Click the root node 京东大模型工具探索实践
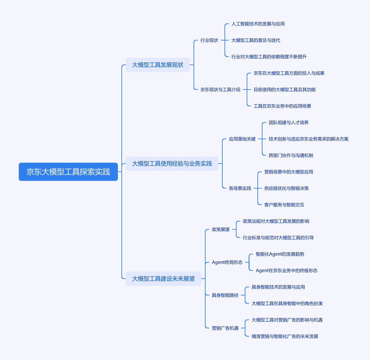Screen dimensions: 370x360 (x=68, y=172)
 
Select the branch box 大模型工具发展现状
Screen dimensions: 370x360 (x=157, y=65)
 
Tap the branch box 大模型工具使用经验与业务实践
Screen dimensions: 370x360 (x=172, y=163)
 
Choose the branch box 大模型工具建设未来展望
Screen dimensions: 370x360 (x=163, y=279)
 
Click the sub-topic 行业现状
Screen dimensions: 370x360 (x=209, y=40)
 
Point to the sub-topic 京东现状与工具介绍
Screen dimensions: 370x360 (x=220, y=90)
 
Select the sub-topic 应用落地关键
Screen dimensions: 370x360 (x=242, y=139)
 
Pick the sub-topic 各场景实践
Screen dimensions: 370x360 (x=240, y=188)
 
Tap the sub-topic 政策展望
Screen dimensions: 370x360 (x=221, y=229)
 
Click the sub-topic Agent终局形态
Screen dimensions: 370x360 (x=227, y=262)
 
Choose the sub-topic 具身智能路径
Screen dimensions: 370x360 (x=225, y=295)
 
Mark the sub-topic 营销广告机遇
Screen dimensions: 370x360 (x=225, y=328)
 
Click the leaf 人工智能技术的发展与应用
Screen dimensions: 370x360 (x=258, y=24)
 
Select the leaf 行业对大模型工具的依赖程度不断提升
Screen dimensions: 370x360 (x=269, y=57)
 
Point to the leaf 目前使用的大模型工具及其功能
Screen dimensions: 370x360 (x=285, y=90)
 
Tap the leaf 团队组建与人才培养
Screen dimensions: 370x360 (x=289, y=122)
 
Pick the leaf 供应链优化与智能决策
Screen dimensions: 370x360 (x=287, y=188)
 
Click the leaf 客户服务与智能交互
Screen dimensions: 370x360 (x=284, y=205)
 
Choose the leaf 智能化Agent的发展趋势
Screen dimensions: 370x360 (x=280, y=254)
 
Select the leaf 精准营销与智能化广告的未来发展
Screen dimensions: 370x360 (x=285, y=336)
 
